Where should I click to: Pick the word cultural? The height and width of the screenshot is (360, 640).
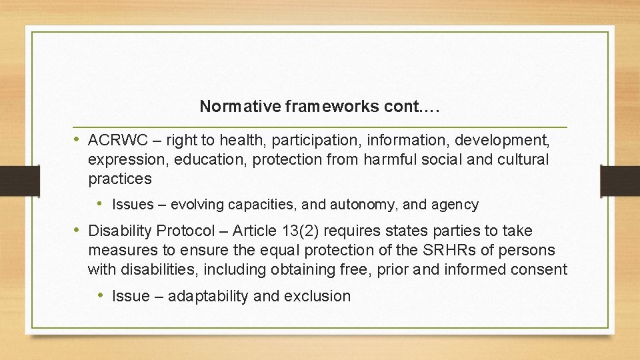[x=523, y=159]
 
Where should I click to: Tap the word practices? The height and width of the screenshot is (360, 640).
[x=120, y=179]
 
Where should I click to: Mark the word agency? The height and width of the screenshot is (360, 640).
[x=455, y=205]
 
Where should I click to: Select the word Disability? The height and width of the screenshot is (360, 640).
[x=120, y=231]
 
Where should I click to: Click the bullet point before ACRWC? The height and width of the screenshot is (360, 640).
[x=77, y=140]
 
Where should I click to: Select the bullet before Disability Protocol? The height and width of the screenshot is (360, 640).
[x=77, y=231]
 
